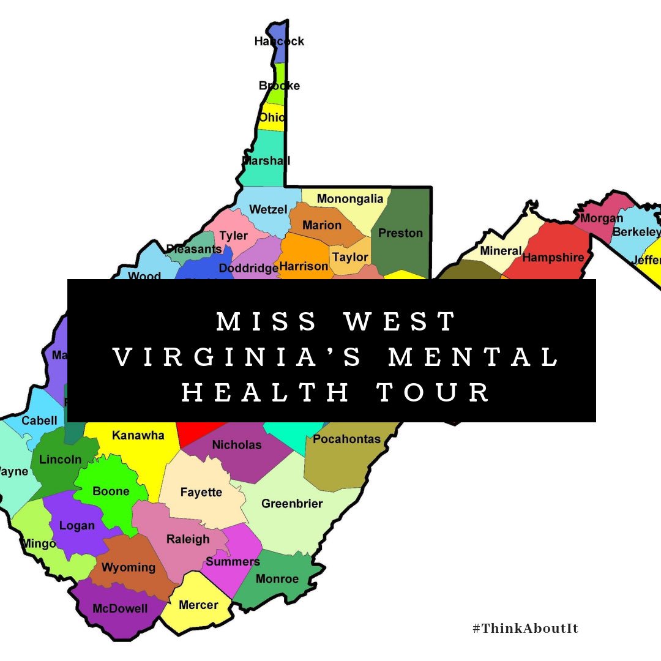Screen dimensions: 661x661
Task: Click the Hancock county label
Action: [x=279, y=42]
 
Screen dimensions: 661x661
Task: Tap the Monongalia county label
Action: [x=350, y=198]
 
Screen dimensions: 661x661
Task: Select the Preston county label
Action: [x=400, y=233]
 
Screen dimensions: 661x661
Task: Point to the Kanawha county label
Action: [x=138, y=436]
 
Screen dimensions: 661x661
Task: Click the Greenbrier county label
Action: [x=292, y=504]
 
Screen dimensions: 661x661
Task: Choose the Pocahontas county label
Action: [x=346, y=439]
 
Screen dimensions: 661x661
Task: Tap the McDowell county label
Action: [x=120, y=608]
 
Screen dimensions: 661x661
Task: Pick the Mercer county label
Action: [x=198, y=605]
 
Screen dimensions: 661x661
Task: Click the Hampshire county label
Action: [x=553, y=258]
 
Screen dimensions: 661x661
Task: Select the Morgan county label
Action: [x=602, y=218]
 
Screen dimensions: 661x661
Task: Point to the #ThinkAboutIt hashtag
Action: [x=525, y=629]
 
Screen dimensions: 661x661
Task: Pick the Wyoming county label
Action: [x=129, y=567]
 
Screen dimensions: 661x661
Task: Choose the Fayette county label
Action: [x=201, y=492]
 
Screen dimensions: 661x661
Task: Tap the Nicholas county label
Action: [x=237, y=445]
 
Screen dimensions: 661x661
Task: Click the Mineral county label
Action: [x=501, y=251]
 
